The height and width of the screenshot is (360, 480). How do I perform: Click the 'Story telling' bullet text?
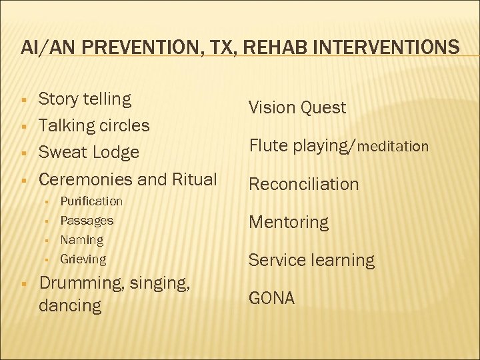click(85, 99)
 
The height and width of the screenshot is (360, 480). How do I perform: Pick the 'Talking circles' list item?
click(94, 125)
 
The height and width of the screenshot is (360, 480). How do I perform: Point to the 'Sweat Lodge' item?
click(89, 152)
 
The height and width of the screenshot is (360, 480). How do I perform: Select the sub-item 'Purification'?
click(91, 201)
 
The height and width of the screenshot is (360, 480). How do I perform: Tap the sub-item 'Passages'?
click(87, 220)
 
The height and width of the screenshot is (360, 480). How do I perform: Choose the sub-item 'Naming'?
click(82, 239)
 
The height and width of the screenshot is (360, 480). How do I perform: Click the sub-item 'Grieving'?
click(83, 259)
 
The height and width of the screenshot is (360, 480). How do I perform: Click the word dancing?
click(70, 306)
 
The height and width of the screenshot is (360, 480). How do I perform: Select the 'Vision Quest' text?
click(297, 107)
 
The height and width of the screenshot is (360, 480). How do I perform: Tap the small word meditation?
click(393, 146)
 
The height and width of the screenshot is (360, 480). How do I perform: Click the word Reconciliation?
click(303, 184)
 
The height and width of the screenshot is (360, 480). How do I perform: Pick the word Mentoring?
click(289, 222)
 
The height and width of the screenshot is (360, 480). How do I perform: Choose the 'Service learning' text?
click(311, 260)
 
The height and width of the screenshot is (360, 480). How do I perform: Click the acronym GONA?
click(271, 298)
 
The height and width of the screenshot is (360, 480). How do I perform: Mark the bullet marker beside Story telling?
click(23, 100)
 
